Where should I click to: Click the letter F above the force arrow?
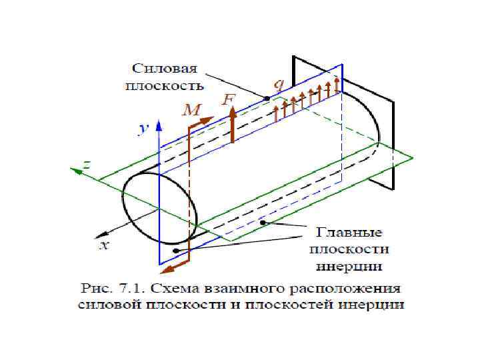[x=229, y=99]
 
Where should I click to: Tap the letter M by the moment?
[x=191, y=111]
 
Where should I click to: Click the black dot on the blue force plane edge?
[x=266, y=99]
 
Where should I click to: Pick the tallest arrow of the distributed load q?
[x=337, y=85]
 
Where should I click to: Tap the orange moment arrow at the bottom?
[x=175, y=267]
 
